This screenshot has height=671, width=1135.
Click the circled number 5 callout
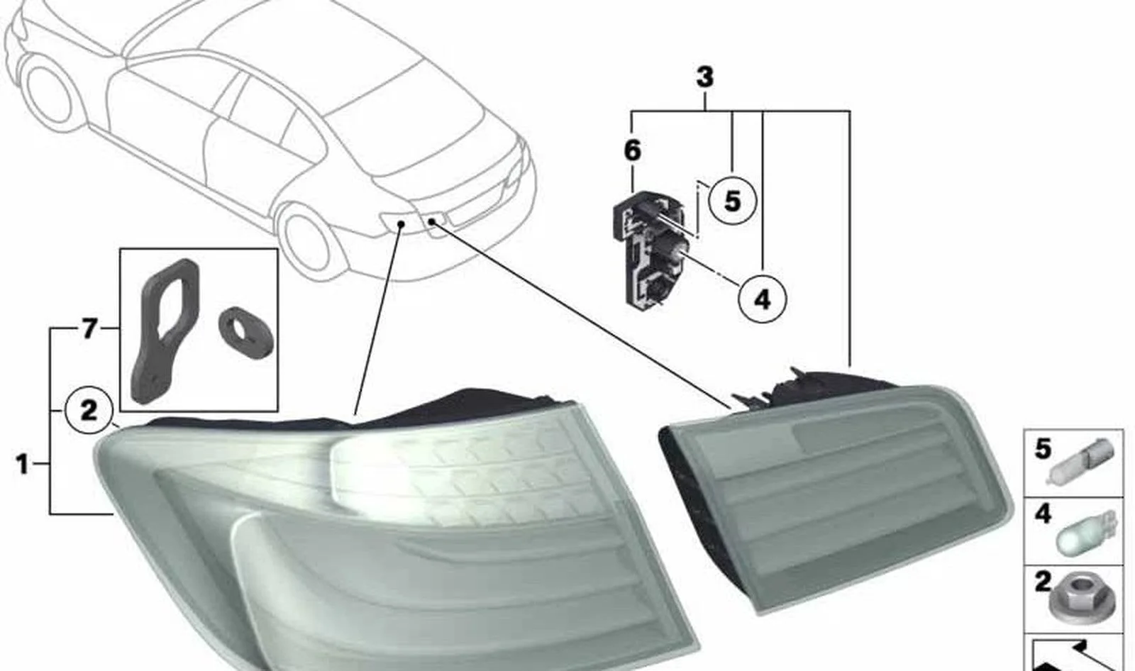coord(732,201)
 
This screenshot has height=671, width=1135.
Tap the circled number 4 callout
coord(762,299)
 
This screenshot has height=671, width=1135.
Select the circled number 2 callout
coord(89,410)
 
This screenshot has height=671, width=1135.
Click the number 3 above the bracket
coord(705,77)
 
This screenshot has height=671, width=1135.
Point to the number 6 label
coord(632,150)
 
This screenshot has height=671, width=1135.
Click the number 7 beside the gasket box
coord(89,329)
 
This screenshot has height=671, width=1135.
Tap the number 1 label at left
coord(22,464)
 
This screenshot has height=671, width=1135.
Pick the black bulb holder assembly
coord(650,248)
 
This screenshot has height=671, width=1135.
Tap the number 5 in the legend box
coord(1043,448)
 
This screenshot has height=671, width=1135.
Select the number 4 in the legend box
coord(1043,514)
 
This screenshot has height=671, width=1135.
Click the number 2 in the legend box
coord(1043,582)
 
